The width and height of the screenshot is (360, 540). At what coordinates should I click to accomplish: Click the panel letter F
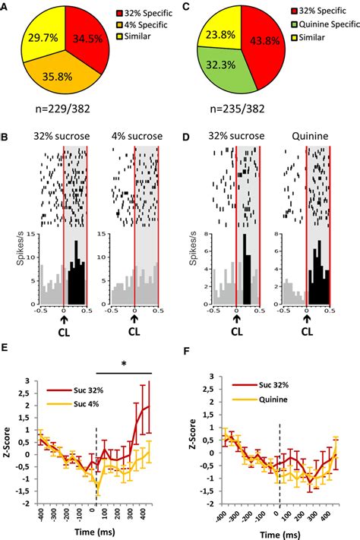click(188, 350)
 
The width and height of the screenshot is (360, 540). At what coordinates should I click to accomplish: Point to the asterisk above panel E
click(124, 365)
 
